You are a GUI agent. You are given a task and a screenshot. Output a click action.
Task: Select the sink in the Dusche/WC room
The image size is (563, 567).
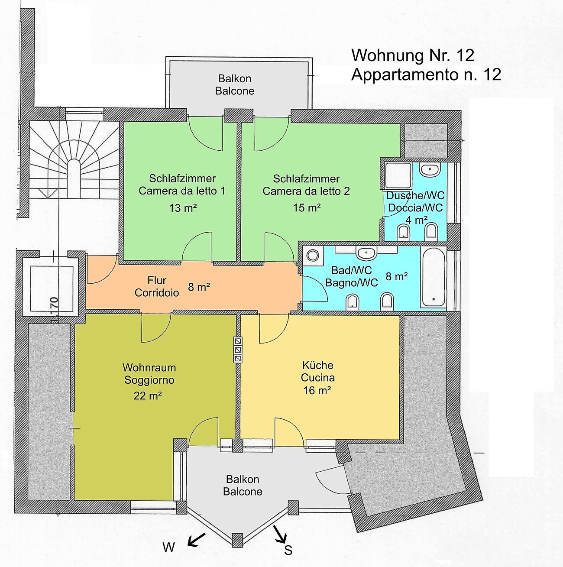pyautogui.click(x=430, y=170)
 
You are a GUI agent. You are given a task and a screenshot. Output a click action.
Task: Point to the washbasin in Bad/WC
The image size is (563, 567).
pyautogui.click(x=366, y=253)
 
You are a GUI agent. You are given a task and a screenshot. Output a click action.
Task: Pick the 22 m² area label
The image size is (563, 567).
pyautogui.click(x=147, y=396)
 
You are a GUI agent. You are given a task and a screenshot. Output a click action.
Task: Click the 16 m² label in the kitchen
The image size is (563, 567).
pyautogui.click(x=317, y=390)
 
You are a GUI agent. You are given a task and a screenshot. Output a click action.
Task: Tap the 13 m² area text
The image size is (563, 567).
pyautogui.click(x=183, y=208)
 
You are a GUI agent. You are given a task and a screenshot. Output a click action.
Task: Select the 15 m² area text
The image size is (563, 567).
pyautogui.click(x=307, y=208)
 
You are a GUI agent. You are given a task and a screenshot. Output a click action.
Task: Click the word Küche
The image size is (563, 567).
pyautogui.click(x=318, y=366)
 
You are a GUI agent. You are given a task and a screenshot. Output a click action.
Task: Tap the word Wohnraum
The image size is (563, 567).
pyautogui.click(x=149, y=367)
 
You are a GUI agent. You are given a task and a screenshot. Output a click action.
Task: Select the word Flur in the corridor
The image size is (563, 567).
pyautogui.click(x=157, y=280)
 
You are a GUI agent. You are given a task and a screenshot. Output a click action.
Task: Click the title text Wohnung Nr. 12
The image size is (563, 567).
pyautogui.click(x=413, y=55)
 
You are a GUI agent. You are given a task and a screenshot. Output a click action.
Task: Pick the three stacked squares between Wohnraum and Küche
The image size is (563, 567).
pyautogui.click(x=238, y=350)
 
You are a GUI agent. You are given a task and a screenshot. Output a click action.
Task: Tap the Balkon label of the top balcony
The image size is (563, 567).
pyautogui.click(x=235, y=78)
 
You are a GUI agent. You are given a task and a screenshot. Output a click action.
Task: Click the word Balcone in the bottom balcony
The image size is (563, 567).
pyautogui.click(x=243, y=492)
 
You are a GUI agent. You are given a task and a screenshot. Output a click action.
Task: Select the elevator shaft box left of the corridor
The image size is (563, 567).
pyautogui.click(x=52, y=289)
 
